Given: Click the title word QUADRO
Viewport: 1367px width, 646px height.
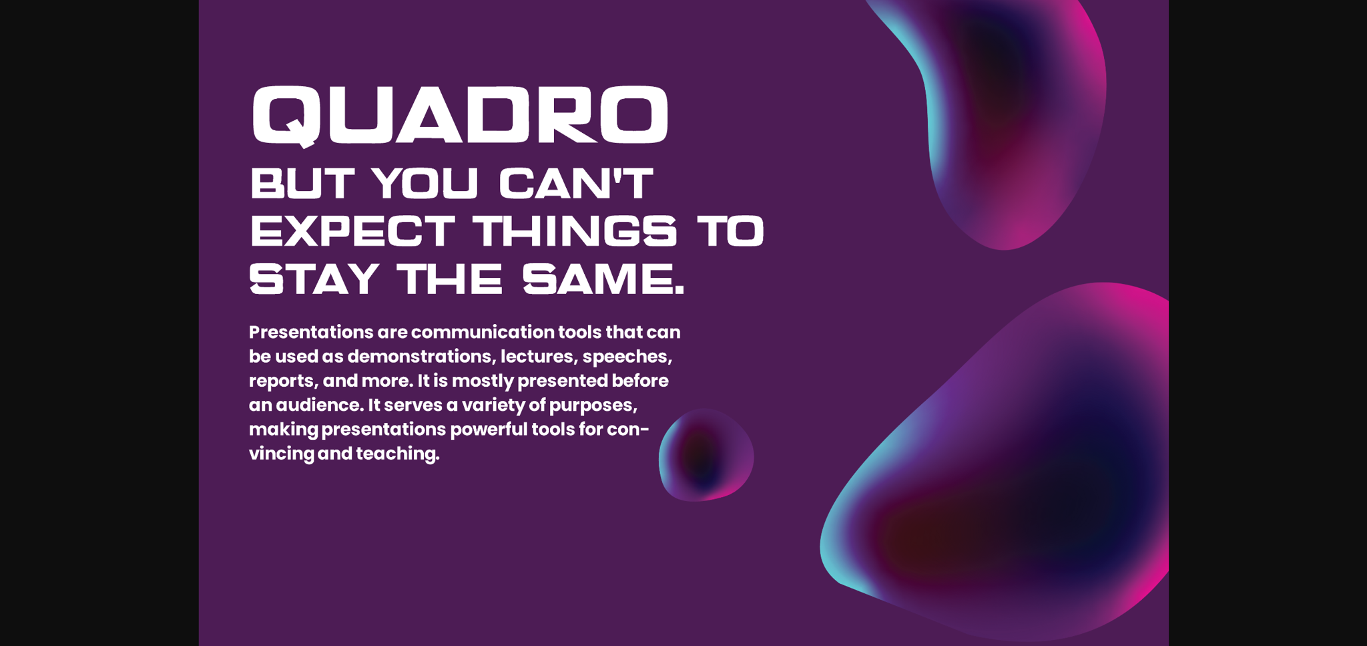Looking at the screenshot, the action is click(460, 115).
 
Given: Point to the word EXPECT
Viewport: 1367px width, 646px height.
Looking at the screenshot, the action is click(352, 230).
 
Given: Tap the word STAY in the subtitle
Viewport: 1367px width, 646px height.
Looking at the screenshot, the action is click(314, 279).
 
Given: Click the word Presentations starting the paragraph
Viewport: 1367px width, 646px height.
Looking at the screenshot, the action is click(311, 332).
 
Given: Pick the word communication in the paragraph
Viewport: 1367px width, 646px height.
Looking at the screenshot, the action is click(483, 332).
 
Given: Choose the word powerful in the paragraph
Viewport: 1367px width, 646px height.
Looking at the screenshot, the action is click(489, 430).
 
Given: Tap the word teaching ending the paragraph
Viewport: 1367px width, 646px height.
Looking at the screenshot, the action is click(398, 454).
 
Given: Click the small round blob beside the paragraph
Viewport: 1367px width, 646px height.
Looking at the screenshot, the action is click(706, 455).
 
